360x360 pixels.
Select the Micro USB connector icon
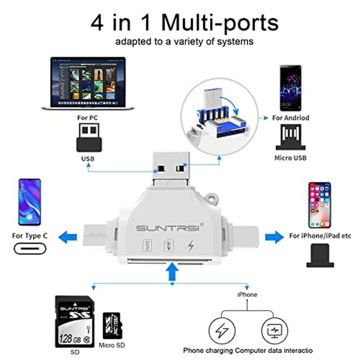pos(291,137)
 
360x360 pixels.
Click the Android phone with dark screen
pos(290,88)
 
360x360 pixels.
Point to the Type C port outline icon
pos(31,249)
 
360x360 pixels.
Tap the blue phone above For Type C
pos(30,202)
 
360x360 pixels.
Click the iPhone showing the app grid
pos(319,205)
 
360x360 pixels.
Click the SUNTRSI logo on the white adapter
pos(170,228)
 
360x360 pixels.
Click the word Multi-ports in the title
pos(219,23)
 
